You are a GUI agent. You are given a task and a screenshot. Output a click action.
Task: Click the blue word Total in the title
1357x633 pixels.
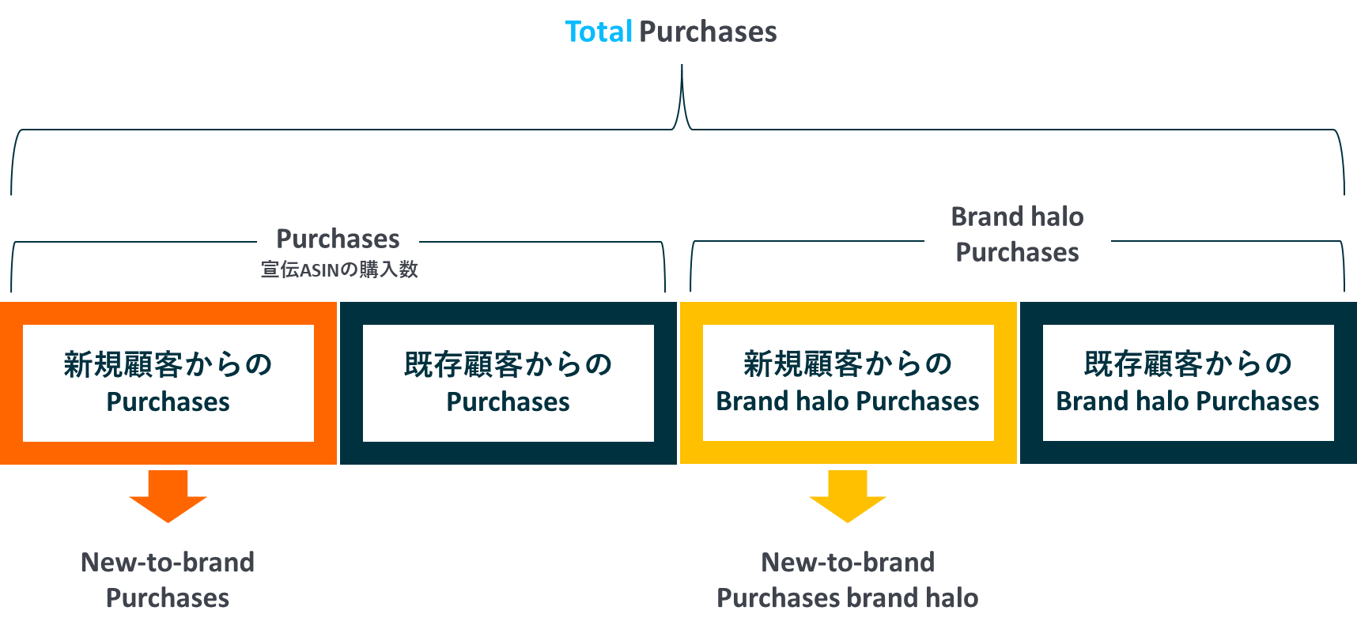coord(599,32)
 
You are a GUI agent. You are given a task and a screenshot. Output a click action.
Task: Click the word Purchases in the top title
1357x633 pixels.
coord(708,32)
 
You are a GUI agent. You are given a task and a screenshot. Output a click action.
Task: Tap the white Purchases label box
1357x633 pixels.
coord(338,238)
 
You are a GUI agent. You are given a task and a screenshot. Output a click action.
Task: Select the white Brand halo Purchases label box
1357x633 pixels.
coord(1017,234)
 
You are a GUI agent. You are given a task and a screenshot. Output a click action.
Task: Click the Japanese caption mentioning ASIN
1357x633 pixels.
coord(339,270)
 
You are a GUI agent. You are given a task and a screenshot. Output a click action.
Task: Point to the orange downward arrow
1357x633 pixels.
coord(168,496)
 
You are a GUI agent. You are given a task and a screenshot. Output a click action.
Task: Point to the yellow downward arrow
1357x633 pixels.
coord(848,496)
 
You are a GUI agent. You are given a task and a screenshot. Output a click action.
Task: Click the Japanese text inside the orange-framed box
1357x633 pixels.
coord(168,364)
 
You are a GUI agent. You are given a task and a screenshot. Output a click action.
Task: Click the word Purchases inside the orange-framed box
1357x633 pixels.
coord(168,401)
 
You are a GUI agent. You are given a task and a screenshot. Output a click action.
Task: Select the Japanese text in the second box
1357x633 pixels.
coord(508,364)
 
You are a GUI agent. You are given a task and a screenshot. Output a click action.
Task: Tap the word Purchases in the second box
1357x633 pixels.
coord(508,401)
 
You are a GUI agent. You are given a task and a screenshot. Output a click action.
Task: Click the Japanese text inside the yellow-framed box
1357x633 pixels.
coord(848,364)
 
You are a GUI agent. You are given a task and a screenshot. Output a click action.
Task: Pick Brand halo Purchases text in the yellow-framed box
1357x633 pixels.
coord(848,401)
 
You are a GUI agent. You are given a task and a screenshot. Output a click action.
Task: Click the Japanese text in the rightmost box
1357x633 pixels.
coord(1188,364)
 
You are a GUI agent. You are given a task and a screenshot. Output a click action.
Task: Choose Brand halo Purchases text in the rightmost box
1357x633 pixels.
coord(1188,401)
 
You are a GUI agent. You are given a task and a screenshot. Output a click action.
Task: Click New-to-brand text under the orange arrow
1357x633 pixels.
coord(168,562)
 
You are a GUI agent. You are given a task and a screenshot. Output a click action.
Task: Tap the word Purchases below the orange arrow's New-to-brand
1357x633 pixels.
coord(168,597)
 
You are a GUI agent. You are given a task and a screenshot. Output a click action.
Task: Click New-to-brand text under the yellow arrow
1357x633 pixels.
coord(848,562)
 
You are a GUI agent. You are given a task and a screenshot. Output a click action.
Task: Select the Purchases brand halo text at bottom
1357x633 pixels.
coord(848,597)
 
